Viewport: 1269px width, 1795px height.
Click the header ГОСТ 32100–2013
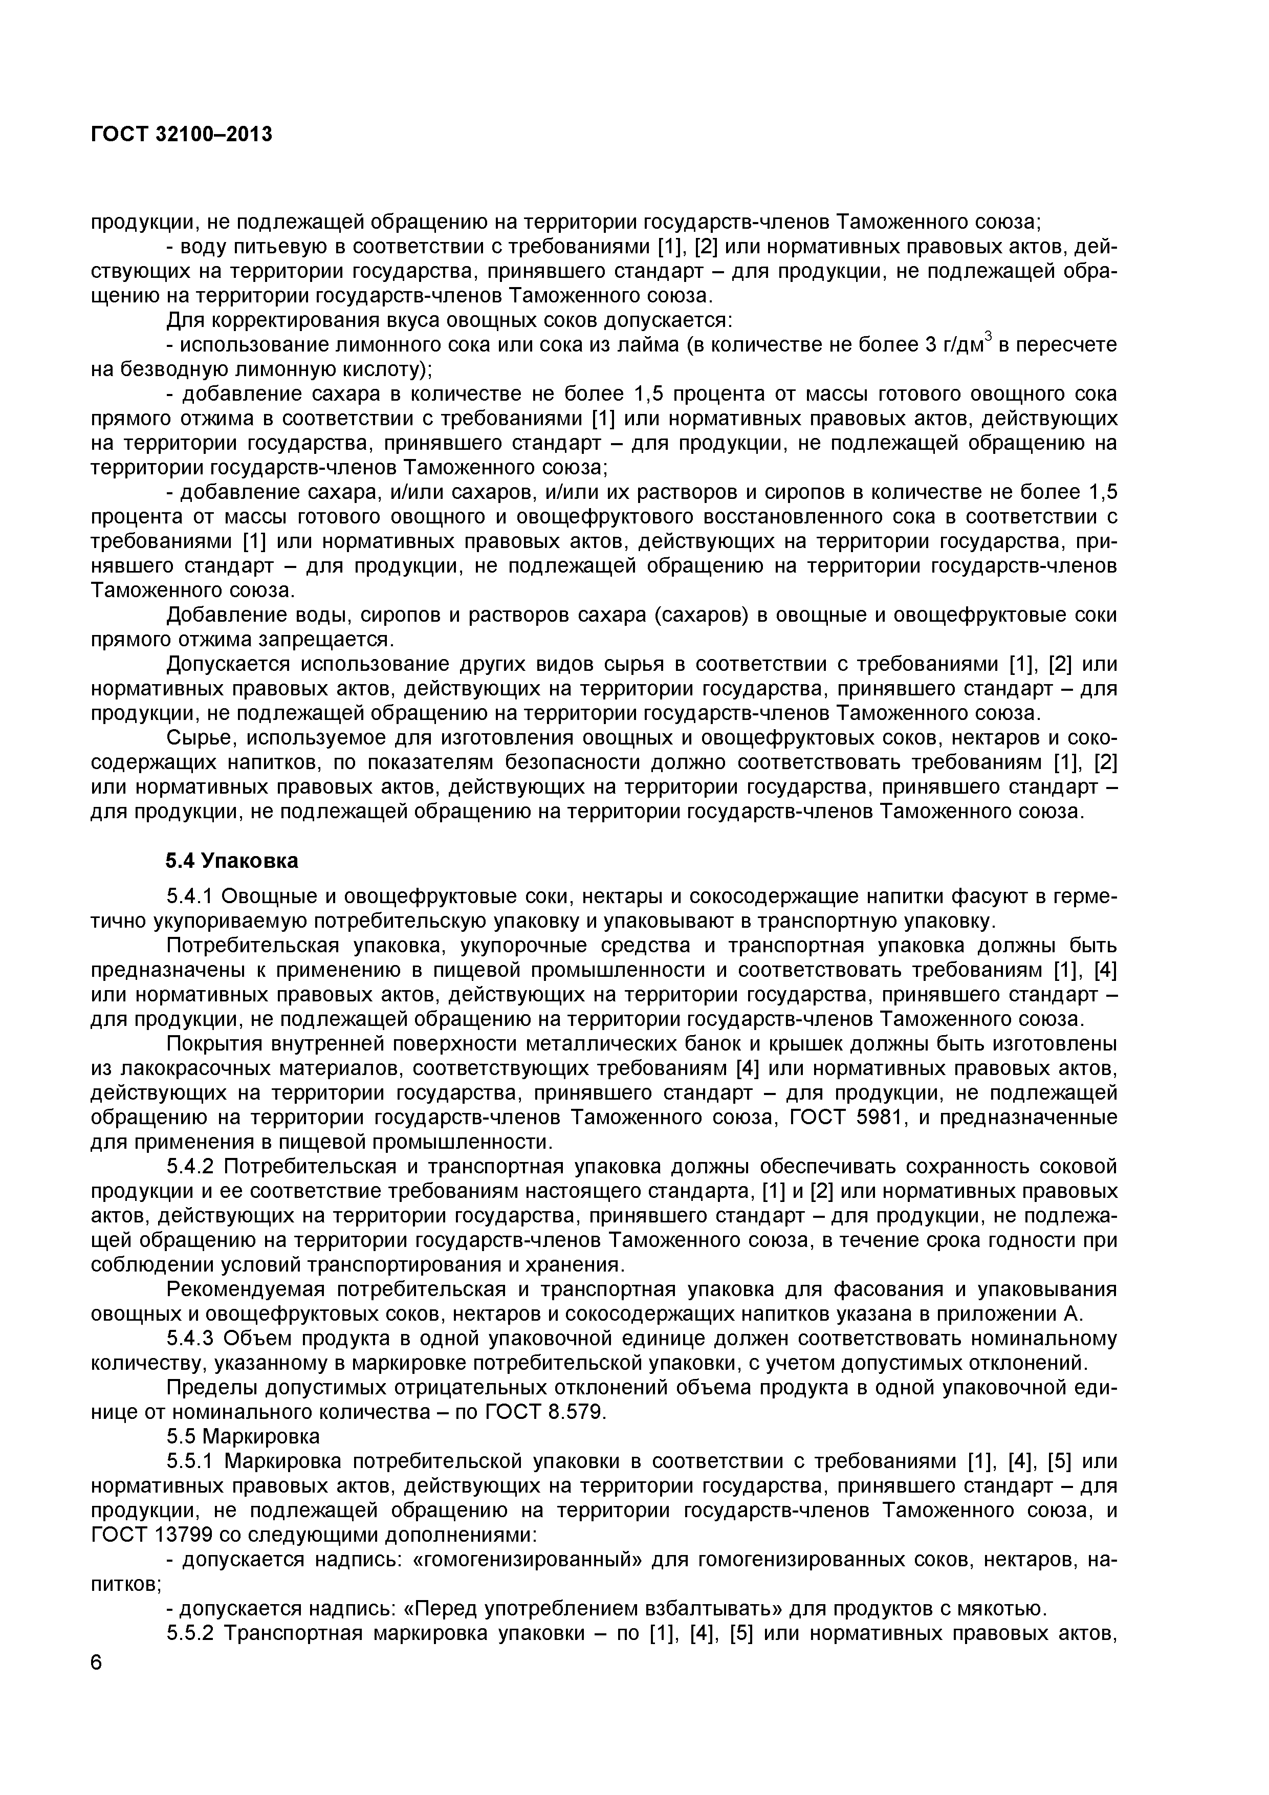click(x=182, y=135)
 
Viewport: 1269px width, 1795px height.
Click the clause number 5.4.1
click(x=191, y=896)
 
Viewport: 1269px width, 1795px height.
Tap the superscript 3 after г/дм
click(x=988, y=336)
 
